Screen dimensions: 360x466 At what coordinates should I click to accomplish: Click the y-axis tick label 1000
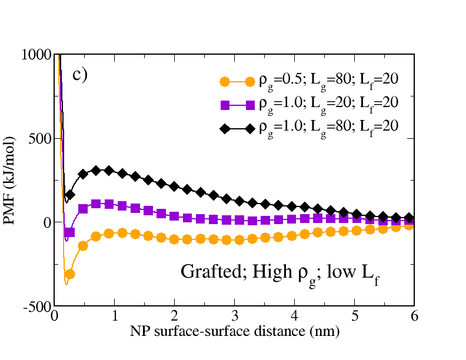coord(37,55)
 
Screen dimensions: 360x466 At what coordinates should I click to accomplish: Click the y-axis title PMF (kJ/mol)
coord(13,181)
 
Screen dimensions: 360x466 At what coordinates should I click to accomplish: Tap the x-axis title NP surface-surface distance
coord(234,331)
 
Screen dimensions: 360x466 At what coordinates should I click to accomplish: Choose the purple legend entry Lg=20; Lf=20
coord(330,104)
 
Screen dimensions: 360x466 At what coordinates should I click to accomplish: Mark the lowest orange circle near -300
coord(69,274)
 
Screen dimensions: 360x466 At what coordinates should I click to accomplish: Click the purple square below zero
coord(70,232)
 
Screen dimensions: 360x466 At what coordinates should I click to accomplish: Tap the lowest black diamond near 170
coord(70,195)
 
